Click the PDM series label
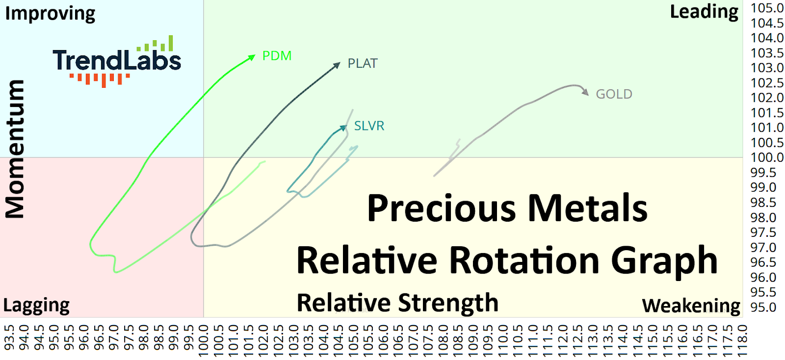(277, 56)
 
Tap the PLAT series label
(363, 63)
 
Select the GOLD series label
(614, 94)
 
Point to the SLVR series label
(369, 126)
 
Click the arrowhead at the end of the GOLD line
(586, 92)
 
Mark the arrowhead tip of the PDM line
(255, 55)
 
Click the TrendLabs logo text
(117, 60)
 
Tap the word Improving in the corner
(50, 13)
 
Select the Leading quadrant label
(704, 12)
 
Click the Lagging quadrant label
(36, 306)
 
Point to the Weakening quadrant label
(691, 306)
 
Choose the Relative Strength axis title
(397, 303)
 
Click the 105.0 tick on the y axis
(767, 8)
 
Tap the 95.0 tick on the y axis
(767, 308)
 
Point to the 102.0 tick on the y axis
(767, 98)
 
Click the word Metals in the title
(587, 208)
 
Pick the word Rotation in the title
(524, 260)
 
